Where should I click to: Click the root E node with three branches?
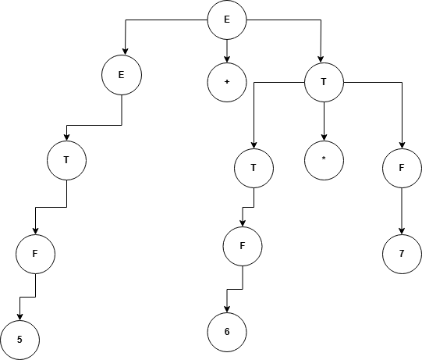pyautogui.click(x=227, y=20)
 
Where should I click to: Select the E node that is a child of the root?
pyautogui.click(x=122, y=75)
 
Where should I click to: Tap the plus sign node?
pyautogui.click(x=227, y=82)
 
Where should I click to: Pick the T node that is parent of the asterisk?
pyautogui.click(x=324, y=82)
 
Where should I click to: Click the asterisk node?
pyautogui.click(x=324, y=160)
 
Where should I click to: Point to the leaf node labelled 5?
pyautogui.click(x=20, y=340)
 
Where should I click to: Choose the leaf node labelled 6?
pyautogui.click(x=227, y=332)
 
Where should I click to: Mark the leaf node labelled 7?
pyautogui.click(x=402, y=254)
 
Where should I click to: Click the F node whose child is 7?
pyautogui.click(x=402, y=168)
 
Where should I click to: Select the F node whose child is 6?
pyautogui.click(x=243, y=246)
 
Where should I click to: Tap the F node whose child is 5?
pyautogui.click(x=36, y=254)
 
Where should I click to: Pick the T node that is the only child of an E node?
pyautogui.click(x=67, y=160)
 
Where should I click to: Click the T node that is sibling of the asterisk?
pyautogui.click(x=254, y=168)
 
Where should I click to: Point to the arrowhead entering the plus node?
pyautogui.click(x=227, y=59)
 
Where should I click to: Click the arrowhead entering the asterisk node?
pyautogui.click(x=324, y=137)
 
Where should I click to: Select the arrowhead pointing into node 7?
pyautogui.click(x=402, y=231)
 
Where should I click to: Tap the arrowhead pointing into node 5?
pyautogui.click(x=20, y=317)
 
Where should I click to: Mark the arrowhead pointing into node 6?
pyautogui.click(x=227, y=309)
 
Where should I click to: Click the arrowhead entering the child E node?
pyautogui.click(x=126, y=52)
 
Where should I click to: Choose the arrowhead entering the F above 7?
pyautogui.click(x=402, y=145)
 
